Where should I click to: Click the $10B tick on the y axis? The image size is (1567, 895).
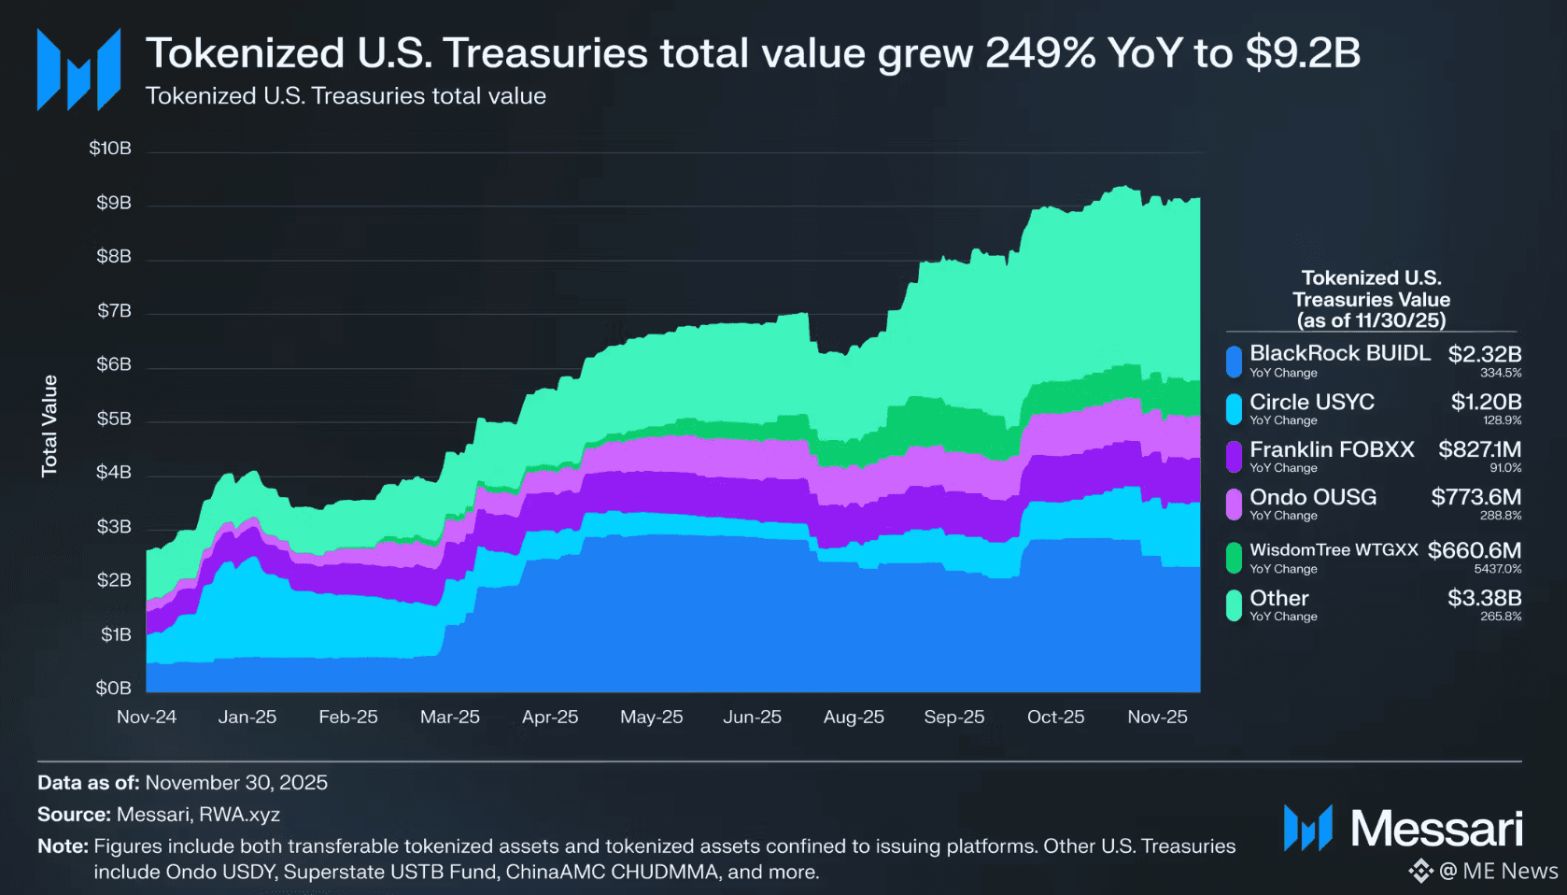point(110,149)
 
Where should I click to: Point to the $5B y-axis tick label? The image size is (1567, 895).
point(114,419)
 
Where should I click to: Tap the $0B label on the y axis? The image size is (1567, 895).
point(113,689)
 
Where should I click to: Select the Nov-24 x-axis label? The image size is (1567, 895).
point(147,717)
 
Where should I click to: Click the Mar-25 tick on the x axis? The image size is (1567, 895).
point(450,717)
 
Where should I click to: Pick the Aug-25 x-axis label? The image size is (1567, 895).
point(854,717)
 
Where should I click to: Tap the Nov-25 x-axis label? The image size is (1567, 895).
point(1157,717)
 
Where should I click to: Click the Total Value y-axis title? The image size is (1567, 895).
point(49,426)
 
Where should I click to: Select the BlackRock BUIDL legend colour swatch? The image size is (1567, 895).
point(1234,361)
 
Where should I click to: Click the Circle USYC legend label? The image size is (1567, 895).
point(1312,402)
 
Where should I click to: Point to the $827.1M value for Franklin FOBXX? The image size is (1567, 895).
point(1480,449)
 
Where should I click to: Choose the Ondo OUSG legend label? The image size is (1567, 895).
point(1313,497)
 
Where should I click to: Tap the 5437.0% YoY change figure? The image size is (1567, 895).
point(1498,569)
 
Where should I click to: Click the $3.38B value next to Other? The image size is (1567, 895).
point(1485,598)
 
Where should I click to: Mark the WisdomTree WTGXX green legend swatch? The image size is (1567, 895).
point(1234,558)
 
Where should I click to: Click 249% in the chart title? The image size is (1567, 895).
point(1040,53)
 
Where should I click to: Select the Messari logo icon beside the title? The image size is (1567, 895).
point(78,69)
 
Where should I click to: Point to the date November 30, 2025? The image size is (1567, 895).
point(236,783)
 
